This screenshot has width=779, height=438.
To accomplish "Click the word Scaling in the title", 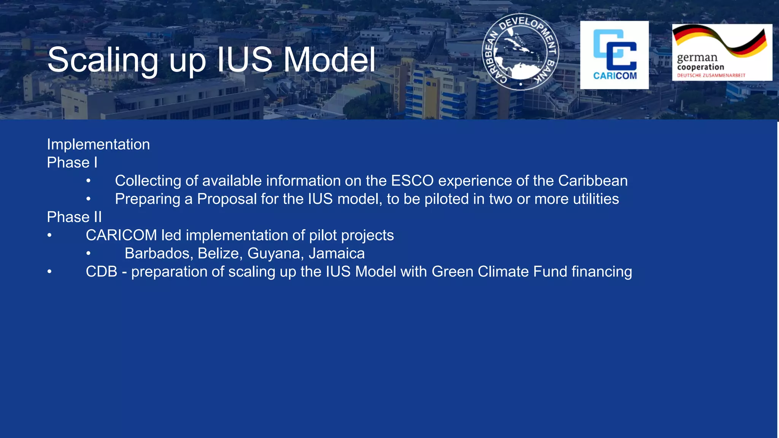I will [x=103, y=60].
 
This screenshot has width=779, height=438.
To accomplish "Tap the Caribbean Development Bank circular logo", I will [x=520, y=52].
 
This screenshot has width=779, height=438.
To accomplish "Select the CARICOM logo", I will [x=614, y=55].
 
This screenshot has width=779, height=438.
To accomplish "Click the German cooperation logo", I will [x=722, y=52].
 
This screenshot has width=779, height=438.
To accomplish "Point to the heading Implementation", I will [x=98, y=144].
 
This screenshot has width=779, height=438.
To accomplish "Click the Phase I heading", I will [x=72, y=163].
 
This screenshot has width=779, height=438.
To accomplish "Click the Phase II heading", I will [x=75, y=217].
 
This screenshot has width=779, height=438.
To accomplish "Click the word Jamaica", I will [x=337, y=254].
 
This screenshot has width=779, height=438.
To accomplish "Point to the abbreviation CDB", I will [x=101, y=272].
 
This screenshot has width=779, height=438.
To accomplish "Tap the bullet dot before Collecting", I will [x=88, y=181].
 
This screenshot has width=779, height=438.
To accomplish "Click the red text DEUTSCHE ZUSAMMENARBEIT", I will [x=711, y=75].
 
